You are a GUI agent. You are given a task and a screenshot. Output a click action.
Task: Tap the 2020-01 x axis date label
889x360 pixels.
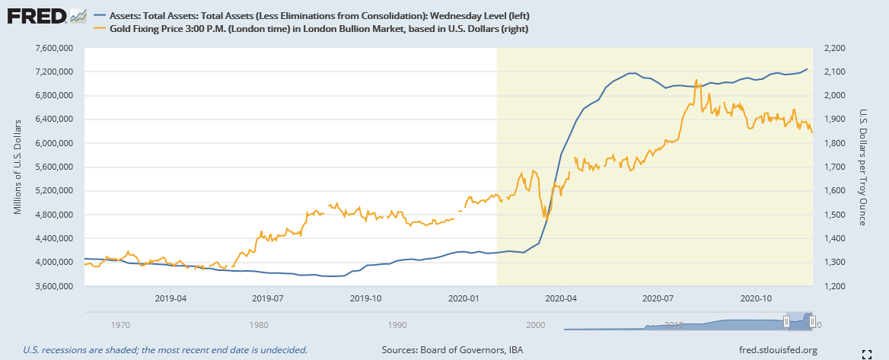coord(464,298)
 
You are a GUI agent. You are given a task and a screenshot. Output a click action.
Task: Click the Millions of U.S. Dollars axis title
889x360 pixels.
coord(18,167)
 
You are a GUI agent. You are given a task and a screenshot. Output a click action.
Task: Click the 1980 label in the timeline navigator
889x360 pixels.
coord(259,325)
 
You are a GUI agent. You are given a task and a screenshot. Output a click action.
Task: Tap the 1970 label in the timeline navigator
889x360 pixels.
coord(120,325)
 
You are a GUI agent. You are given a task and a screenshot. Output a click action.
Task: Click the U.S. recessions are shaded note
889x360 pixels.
coord(165,350)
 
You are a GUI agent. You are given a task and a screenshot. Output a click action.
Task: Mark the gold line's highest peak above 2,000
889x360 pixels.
coord(696,79)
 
